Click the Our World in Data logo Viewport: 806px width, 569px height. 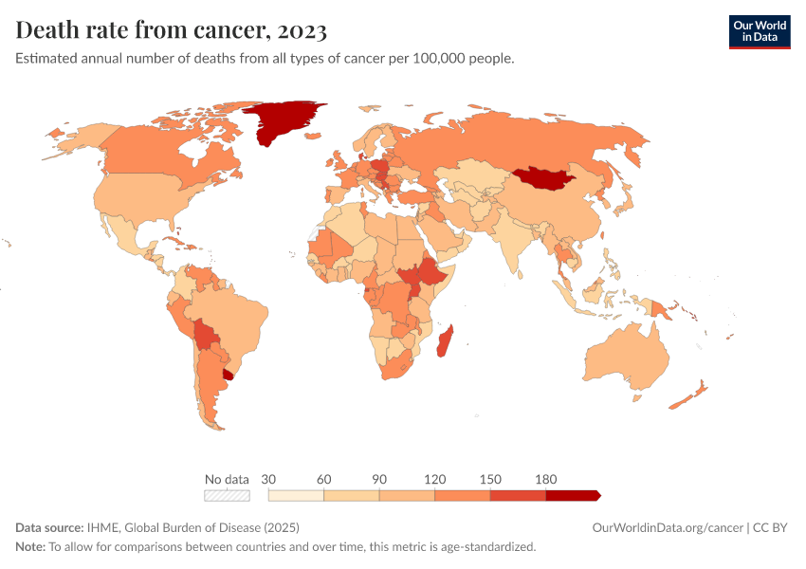pos(759,31)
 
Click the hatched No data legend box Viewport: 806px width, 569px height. pos(227,495)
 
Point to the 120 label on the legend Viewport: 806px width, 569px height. pos(434,479)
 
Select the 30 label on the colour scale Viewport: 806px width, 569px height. pos(268,479)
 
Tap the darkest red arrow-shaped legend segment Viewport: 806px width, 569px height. pos(572,495)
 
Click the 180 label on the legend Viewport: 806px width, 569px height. pos(545,479)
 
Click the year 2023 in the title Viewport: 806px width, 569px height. pos(302,30)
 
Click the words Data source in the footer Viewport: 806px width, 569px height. pos(48,527)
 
